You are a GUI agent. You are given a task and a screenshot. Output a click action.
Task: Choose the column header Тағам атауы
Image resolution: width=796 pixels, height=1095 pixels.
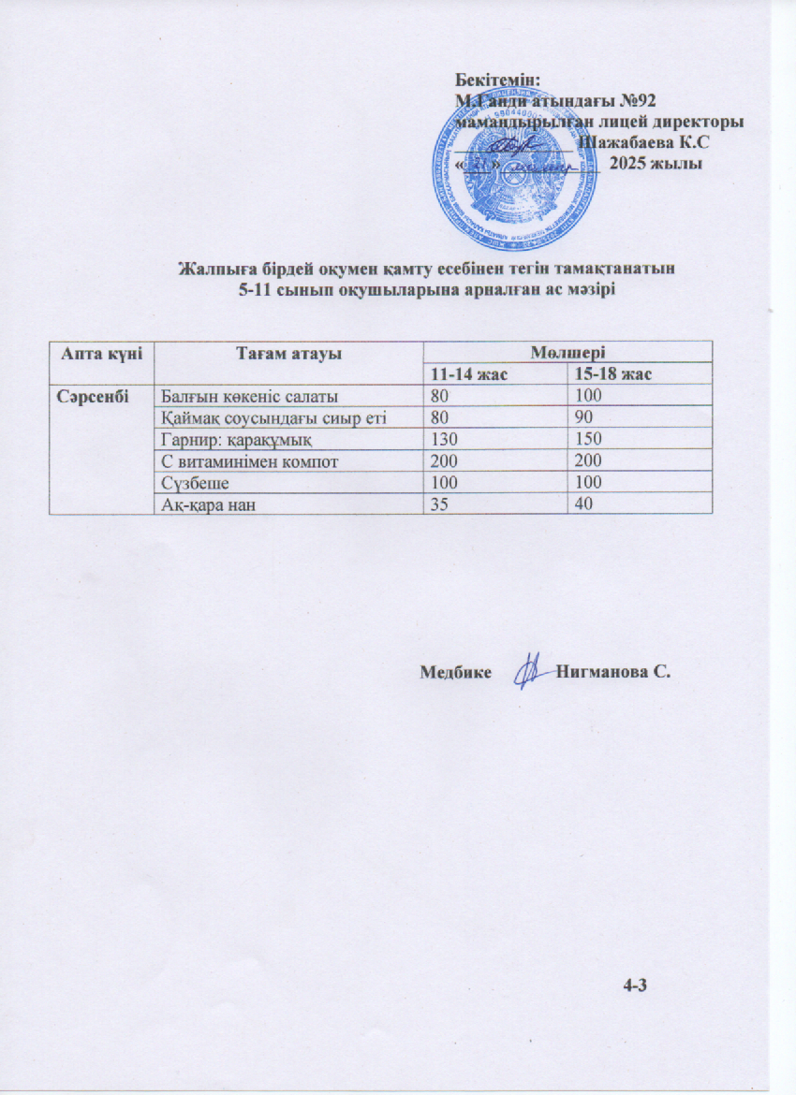288,353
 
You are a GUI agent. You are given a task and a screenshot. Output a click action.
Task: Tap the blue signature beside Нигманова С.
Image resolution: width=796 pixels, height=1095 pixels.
532,672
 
